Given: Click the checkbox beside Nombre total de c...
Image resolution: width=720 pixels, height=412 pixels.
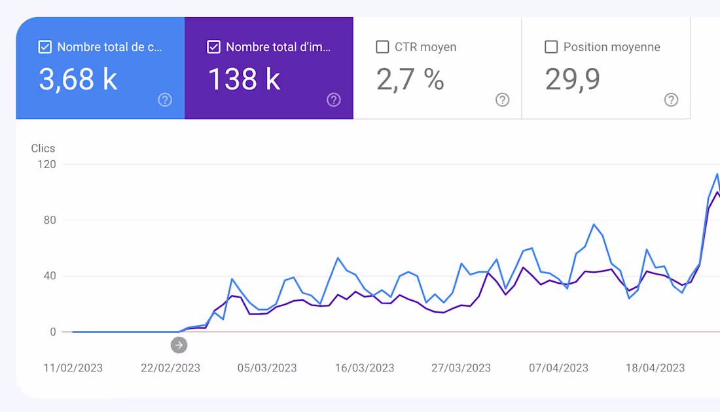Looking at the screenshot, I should pos(45,47).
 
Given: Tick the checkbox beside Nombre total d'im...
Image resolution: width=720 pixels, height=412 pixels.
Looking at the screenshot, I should pos(213,47).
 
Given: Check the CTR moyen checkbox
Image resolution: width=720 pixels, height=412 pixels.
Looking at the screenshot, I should pos(382,47).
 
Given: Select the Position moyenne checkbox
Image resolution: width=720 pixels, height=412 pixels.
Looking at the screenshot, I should pos(551,47).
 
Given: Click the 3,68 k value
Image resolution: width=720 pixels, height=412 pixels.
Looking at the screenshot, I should pos(78,79).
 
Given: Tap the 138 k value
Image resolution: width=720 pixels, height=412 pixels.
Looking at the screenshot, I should pos(244,79).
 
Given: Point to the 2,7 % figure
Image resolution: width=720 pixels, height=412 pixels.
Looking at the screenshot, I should pos(410,79).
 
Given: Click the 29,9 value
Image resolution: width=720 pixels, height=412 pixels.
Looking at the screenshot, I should pos(573,79).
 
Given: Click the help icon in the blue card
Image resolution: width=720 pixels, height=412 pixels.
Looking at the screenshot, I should pos(165,99).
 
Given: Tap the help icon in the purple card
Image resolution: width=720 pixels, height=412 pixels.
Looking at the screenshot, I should pos(334,99).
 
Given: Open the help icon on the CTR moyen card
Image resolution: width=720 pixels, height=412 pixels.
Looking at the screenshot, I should pos(502,99).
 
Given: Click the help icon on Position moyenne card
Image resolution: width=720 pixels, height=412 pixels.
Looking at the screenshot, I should pos(671,99).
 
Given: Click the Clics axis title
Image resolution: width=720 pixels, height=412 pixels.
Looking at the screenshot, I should pos(43,148).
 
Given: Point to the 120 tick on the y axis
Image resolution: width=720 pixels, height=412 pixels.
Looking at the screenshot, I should pos(47,164).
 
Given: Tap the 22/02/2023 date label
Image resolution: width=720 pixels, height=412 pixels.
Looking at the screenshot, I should pos(170,368).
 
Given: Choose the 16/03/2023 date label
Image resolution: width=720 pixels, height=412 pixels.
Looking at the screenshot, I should pos(365,368).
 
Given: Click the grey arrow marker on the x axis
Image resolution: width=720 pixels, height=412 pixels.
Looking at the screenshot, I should pos(179,345).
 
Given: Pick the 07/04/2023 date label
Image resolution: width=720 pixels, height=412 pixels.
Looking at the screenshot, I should pos(558,368).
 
